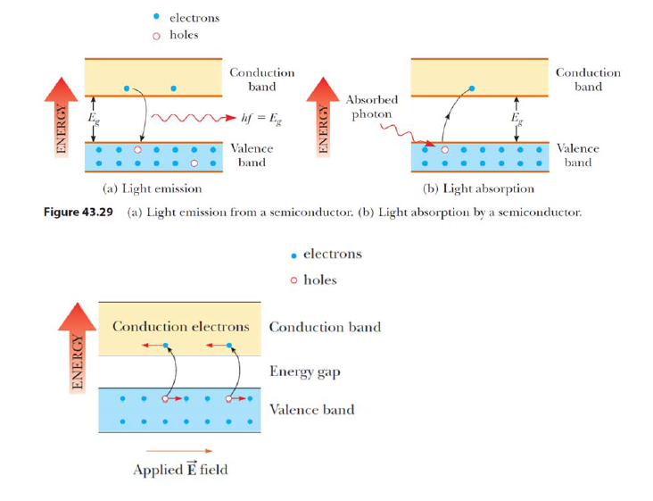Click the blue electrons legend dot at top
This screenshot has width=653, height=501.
156,17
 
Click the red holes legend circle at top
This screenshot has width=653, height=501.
156,35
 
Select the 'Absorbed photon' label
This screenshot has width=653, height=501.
371,106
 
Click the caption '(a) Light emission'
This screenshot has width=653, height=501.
153,188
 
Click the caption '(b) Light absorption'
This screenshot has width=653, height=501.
479,188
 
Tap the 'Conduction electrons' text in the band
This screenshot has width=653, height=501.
180,327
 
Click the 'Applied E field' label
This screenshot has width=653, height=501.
180,470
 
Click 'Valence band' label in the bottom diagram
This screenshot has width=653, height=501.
311,410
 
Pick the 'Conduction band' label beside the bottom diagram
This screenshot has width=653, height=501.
325,327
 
